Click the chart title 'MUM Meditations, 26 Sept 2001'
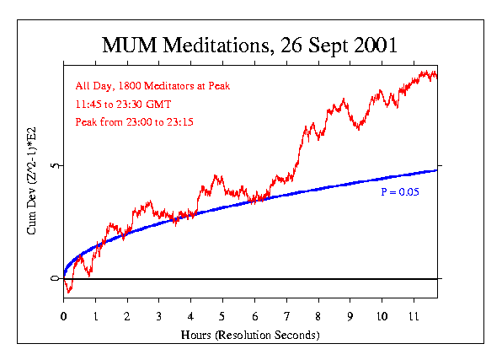point(250,45)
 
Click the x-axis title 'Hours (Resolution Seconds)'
point(250,335)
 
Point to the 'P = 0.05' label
point(400,193)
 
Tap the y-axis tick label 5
point(55,166)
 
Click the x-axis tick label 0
point(64,317)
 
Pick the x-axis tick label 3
point(159,317)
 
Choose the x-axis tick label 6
point(254,317)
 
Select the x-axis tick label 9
point(350,317)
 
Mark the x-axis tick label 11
point(414,317)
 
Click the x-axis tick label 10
point(382,317)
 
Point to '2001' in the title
point(376,45)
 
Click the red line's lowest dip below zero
point(69,292)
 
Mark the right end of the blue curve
point(436,170)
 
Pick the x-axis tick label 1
point(96,317)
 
